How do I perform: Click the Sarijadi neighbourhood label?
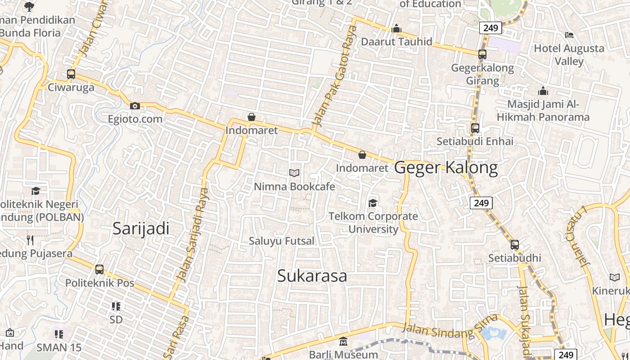141,229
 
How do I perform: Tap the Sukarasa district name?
312,276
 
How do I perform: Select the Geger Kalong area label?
446,167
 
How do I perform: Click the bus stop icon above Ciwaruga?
71,74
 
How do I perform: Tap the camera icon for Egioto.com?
135,106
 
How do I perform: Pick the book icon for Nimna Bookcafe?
294,173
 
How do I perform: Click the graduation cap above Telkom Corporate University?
373,203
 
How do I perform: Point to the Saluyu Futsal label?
282,241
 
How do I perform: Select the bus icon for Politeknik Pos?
99,270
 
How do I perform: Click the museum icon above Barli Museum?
343,342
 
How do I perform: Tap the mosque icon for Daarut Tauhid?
396,29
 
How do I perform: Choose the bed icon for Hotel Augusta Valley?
569,35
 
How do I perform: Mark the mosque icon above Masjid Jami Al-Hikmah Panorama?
543,91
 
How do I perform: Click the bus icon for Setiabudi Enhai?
475,128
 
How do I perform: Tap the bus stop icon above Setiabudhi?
515,245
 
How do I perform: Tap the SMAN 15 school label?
59,347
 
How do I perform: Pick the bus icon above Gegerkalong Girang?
482,54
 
